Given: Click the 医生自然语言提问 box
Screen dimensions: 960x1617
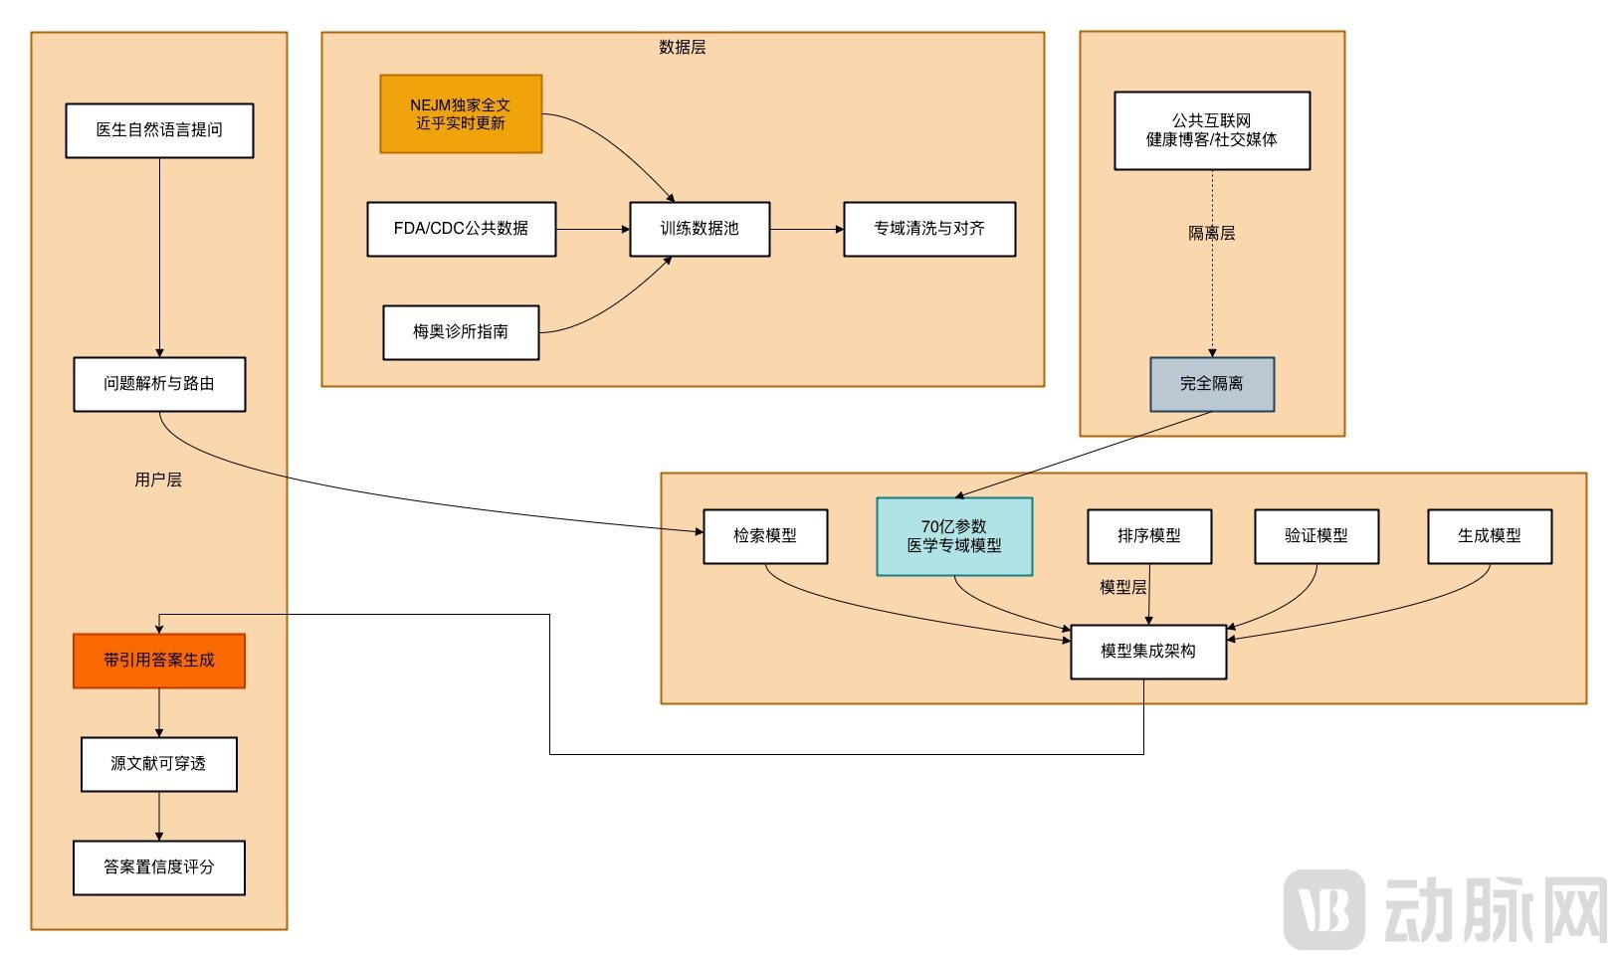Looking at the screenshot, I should pos(159,130).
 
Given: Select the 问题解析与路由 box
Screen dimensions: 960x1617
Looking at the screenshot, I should pos(159,384).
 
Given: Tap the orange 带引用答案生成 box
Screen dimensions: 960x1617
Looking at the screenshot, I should pos(159,661).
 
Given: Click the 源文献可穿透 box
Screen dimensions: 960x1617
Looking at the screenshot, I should pos(159,764).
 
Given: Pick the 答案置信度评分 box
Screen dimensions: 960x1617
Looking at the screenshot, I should pos(159,867).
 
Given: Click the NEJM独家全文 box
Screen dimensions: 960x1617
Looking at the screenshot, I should pos(461,114).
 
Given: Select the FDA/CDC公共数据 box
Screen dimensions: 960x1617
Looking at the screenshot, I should pos(461,229).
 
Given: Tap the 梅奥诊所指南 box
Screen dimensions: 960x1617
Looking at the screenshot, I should pos(461,332).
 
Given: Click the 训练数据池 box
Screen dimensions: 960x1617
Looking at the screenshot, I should pos(700,229).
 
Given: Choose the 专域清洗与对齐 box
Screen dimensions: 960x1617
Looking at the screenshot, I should pos(929,229).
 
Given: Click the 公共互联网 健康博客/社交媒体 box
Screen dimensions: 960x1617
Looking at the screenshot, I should pos(1212,130).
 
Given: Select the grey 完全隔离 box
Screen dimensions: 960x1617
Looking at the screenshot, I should pos(1212,384).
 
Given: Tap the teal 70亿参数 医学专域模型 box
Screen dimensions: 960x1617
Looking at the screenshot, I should pos(954,536).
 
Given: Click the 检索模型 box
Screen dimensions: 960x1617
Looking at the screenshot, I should pos(765,536).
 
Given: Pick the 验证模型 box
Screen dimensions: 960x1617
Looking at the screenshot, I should pos(1316,536).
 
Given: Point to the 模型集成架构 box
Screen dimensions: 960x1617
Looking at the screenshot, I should pos(1148,652).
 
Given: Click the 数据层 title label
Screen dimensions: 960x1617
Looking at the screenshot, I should pos(683,47).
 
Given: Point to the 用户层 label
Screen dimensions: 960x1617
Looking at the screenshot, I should pos(158,480).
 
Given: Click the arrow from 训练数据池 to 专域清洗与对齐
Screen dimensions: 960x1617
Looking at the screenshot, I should pos(806,229).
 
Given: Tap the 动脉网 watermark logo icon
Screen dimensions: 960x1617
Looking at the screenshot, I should pos(1323,908).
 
